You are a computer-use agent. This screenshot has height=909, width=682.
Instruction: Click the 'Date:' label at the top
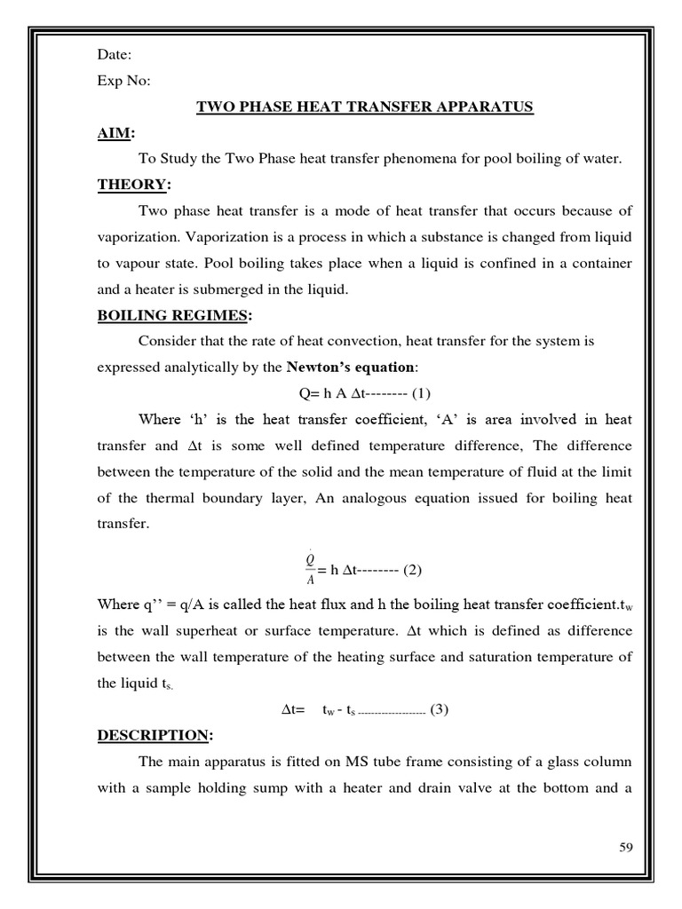[115, 56]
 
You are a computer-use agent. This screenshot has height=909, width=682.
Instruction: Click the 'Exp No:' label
[124, 82]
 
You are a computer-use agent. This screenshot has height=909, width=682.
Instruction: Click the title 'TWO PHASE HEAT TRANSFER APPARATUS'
[364, 107]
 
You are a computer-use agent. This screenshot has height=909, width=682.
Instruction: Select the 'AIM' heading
[114, 133]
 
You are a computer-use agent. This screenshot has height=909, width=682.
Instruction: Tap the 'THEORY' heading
[131, 185]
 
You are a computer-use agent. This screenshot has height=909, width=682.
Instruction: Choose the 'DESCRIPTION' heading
[154, 735]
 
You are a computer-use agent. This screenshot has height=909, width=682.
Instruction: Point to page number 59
[625, 848]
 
